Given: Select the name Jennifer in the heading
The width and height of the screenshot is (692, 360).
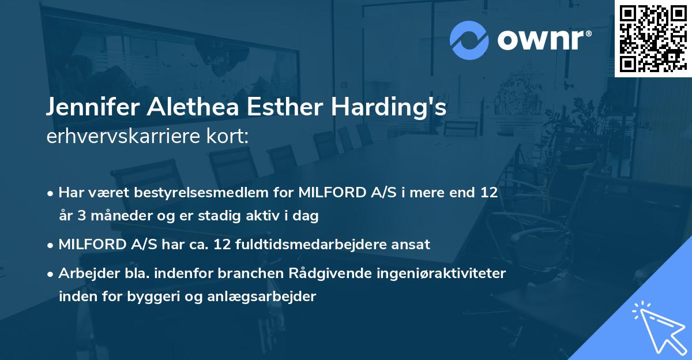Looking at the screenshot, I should pos(94,108).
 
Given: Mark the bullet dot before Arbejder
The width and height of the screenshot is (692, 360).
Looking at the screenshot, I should pos(52,273).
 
